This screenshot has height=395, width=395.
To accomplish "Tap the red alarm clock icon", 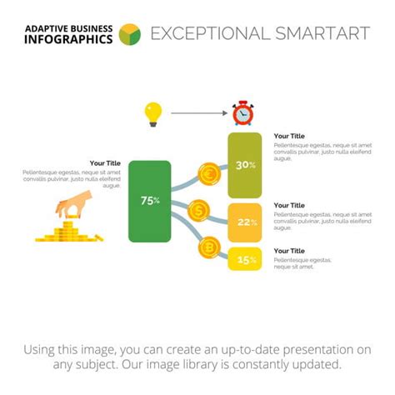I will pyautogui.click(x=242, y=112).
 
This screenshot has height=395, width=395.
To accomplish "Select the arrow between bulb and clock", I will pyautogui.click(x=197, y=112).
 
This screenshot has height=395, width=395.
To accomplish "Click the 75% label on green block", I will pyautogui.click(x=150, y=201).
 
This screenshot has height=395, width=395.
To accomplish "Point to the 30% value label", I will pyautogui.click(x=246, y=165).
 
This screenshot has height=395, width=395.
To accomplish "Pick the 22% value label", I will pyautogui.click(x=247, y=222).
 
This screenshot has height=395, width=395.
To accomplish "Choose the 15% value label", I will pyautogui.click(x=247, y=260).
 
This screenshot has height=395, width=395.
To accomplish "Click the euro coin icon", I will pyautogui.click(x=208, y=174).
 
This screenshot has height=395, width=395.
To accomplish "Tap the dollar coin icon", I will pyautogui.click(x=198, y=211).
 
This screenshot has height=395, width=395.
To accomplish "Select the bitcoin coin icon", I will pyautogui.click(x=208, y=247).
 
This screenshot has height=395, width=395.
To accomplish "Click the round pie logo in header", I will pyautogui.click(x=130, y=34).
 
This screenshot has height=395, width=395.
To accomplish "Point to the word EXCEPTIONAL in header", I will pyautogui.click(x=210, y=34).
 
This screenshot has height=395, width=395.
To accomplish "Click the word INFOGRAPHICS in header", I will pyautogui.click(x=67, y=40).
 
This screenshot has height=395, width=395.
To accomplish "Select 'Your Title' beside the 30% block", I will pyautogui.click(x=289, y=136).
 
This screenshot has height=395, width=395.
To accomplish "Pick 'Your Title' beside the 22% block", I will pyautogui.click(x=289, y=205).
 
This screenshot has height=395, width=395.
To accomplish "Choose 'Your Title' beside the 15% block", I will pyautogui.click(x=289, y=251).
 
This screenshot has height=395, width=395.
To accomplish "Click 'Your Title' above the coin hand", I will pyautogui.click(x=105, y=163).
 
